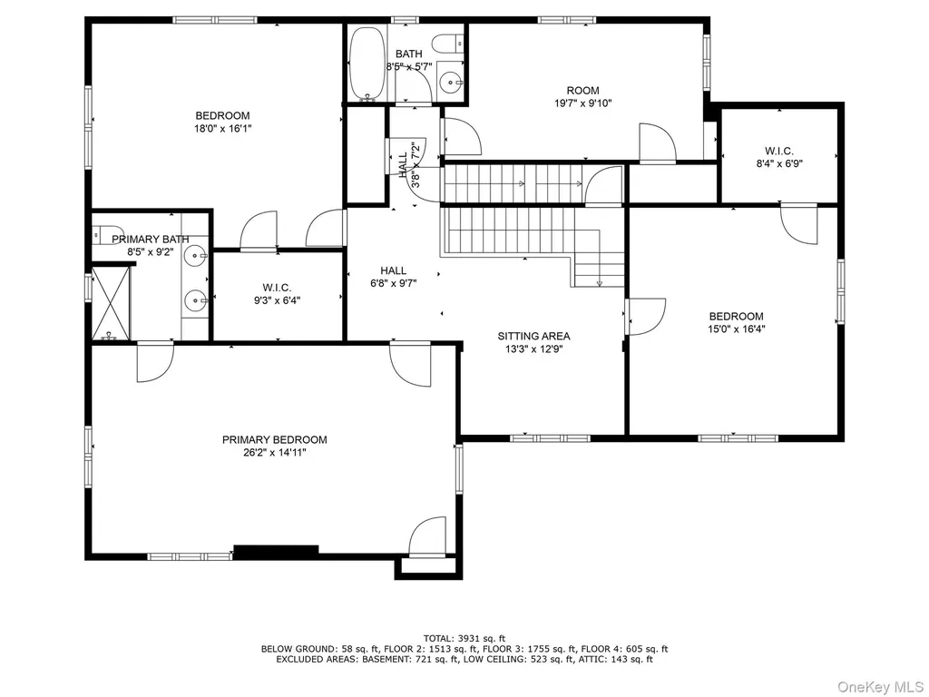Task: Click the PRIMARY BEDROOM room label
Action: pyautogui.click(x=274, y=440)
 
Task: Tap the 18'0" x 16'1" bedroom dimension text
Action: pyautogui.click(x=223, y=128)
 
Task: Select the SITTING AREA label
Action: pyautogui.click(x=533, y=336)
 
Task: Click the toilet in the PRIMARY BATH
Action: pyautogui.click(x=108, y=233)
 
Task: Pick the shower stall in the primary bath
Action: pyautogui.click(x=110, y=303)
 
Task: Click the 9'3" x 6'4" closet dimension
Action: pyautogui.click(x=278, y=300)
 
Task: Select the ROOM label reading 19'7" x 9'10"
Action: pyautogui.click(x=583, y=96)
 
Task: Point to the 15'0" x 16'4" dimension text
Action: pyautogui.click(x=737, y=329)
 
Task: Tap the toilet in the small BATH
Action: pyautogui.click(x=447, y=44)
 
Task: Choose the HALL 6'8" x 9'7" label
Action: pyautogui.click(x=394, y=278)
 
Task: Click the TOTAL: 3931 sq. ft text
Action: pyautogui.click(x=464, y=638)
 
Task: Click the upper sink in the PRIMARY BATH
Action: pyautogui.click(x=195, y=257)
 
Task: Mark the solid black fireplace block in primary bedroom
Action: pyautogui.click(x=276, y=551)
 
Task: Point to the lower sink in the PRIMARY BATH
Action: pyautogui.click(x=195, y=300)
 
